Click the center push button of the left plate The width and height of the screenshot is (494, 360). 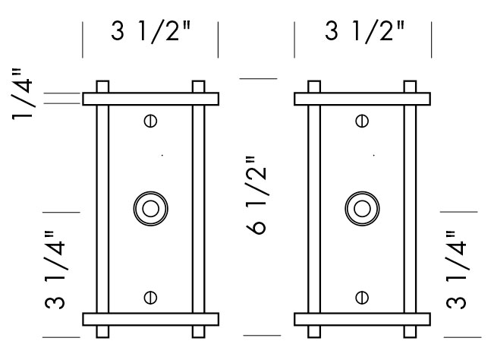150,207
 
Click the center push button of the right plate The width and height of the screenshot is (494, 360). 362,207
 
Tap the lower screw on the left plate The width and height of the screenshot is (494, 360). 150,297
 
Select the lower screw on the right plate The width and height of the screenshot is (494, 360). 362,297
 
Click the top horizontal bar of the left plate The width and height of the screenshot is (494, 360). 150,99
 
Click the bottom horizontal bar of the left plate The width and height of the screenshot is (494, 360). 150,319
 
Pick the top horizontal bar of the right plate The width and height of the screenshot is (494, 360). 362,99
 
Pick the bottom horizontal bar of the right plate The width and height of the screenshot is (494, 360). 362,319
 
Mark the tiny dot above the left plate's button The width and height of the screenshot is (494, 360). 162,156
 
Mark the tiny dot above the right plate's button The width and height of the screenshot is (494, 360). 373,156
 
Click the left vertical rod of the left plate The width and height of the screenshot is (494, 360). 102,209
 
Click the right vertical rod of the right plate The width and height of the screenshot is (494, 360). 411,209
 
